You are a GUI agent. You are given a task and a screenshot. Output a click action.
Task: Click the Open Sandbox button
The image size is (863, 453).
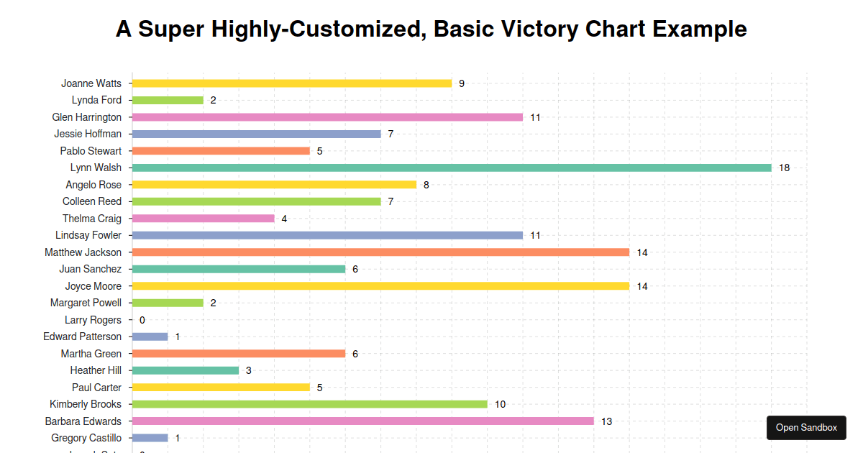click(806, 428)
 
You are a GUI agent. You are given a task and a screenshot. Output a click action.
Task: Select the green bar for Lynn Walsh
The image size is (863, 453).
click(452, 168)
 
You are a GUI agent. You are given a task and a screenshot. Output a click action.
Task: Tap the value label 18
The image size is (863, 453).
click(784, 168)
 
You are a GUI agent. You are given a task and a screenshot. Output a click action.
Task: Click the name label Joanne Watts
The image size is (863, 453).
click(91, 83)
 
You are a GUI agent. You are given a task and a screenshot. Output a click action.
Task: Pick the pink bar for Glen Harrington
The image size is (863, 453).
click(327, 117)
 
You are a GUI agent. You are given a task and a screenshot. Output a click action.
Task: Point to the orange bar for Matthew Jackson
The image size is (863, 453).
click(380, 252)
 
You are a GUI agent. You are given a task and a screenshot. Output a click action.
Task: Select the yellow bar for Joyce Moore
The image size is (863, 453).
click(380, 286)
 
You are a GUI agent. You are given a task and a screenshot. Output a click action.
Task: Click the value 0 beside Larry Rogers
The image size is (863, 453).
click(142, 320)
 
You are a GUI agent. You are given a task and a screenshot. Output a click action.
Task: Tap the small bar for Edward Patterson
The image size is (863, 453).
click(150, 337)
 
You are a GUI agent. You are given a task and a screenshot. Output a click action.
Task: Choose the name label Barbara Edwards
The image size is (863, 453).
click(83, 421)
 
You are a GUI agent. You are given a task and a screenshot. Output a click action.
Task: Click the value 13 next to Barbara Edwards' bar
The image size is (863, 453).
click(606, 421)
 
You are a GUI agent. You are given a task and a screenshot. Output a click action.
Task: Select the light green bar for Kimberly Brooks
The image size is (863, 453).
click(309, 404)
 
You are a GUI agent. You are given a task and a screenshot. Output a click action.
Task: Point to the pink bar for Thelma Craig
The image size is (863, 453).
click(203, 219)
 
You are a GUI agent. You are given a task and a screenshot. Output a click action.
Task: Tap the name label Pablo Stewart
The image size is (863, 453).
click(91, 151)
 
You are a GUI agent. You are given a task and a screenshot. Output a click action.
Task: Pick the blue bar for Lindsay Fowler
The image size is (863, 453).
click(327, 235)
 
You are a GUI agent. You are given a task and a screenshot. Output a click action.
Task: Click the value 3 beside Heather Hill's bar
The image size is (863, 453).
click(248, 370)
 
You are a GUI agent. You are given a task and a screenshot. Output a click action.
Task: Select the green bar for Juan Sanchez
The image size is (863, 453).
click(239, 269)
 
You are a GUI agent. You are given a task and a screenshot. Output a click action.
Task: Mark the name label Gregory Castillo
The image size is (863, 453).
click(86, 438)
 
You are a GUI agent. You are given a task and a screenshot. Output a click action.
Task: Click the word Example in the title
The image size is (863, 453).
click(700, 29)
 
